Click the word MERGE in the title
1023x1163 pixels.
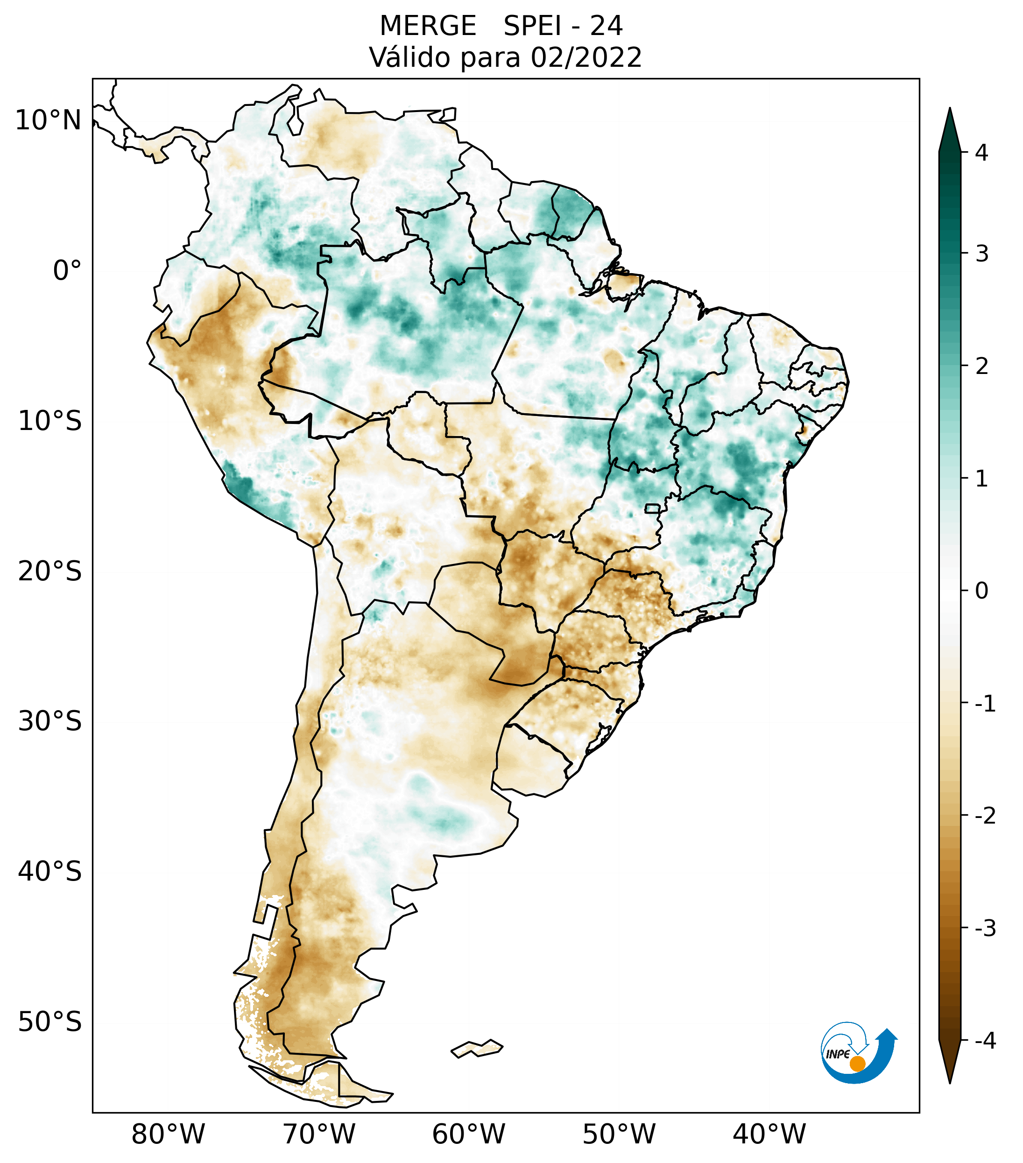click(x=427, y=26)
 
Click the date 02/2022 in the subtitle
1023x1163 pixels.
click(x=586, y=57)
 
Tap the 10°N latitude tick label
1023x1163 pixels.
click(x=48, y=120)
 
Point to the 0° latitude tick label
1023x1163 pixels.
click(x=67, y=270)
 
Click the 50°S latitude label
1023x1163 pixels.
click(x=49, y=1022)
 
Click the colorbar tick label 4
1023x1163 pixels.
click(x=981, y=153)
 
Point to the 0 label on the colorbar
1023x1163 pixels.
click(x=981, y=591)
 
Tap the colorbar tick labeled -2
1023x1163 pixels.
click(x=985, y=816)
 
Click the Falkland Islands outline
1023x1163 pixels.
click(x=477, y=1048)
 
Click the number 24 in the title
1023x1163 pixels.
click(x=606, y=26)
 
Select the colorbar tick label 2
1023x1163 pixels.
click(x=981, y=367)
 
